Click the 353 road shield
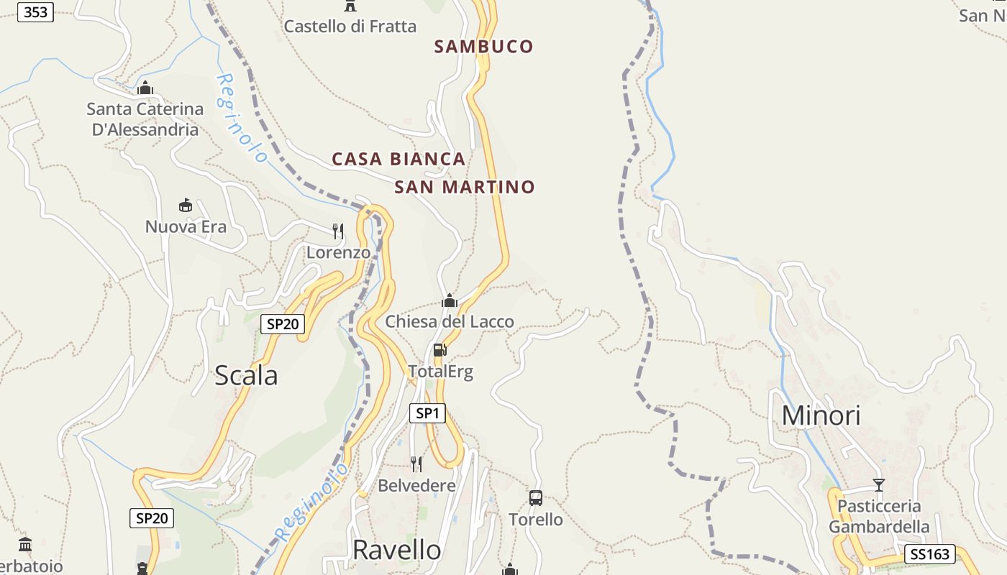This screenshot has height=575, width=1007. coord(35,11)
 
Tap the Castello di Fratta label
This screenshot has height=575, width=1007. coord(350,27)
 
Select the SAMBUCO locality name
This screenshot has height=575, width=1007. coord(484,47)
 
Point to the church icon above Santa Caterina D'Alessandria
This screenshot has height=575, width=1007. coord(145,88)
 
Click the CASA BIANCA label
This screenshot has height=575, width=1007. coord(398,159)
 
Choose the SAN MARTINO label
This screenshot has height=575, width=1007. coord(465,188)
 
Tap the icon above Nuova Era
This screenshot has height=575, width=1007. coord(186,206)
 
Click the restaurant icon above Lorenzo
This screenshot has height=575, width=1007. coord(337,231)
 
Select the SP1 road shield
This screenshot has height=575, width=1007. coord(427,413)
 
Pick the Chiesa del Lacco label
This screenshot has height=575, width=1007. coord(450,321)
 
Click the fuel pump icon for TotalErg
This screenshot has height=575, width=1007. coord(440,350)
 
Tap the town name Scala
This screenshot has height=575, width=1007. coord(246,375)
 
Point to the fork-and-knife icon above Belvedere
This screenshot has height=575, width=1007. coord(416,464)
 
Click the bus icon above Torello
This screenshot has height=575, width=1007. coord(536,497)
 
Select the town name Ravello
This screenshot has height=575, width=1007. coord(396,550)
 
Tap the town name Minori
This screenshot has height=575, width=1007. coord(821,415)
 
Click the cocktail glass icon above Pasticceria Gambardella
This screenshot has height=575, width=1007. coord(878,484)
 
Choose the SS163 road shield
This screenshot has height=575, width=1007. coord(930,554)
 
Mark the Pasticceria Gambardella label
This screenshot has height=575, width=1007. coord(879,516)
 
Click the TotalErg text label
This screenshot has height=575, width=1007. coord(441,372)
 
